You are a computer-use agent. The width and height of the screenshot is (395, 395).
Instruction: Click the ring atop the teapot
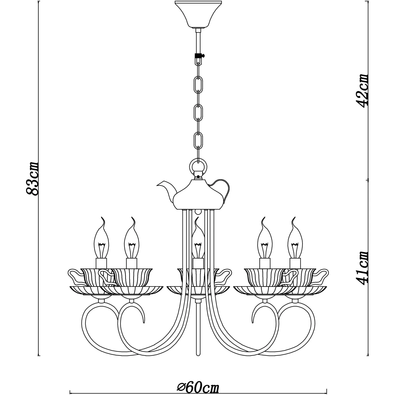coord(198,167)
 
